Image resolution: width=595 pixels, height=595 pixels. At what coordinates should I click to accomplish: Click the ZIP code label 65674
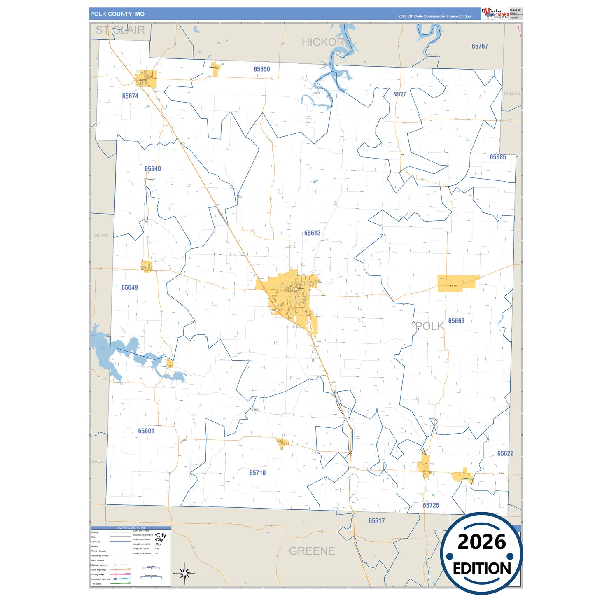click(x=130, y=96)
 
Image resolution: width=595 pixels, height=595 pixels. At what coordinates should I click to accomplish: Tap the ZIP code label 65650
click(x=262, y=69)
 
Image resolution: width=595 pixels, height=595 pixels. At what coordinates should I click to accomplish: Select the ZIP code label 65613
click(x=312, y=233)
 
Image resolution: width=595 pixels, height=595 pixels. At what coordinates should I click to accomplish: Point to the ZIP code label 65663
click(x=456, y=321)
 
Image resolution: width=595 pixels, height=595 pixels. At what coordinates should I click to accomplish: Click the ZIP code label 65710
click(x=257, y=473)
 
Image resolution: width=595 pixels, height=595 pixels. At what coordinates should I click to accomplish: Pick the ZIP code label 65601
click(x=146, y=431)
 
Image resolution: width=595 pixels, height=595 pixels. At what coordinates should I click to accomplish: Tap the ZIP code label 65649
click(x=130, y=287)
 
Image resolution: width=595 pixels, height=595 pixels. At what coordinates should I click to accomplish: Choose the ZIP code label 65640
click(x=153, y=169)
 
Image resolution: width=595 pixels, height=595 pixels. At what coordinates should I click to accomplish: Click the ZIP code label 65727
click(x=399, y=94)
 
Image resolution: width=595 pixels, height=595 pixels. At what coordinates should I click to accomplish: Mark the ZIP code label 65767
click(x=480, y=46)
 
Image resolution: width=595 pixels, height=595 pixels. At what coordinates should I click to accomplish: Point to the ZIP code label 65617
click(x=376, y=521)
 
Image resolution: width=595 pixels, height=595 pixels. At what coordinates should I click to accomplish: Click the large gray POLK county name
click(x=429, y=326)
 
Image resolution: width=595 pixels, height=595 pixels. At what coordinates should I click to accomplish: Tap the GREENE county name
click(x=312, y=551)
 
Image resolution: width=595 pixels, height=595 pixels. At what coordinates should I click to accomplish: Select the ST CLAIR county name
click(x=120, y=30)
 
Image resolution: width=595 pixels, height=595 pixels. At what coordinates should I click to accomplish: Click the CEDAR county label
click(x=101, y=236)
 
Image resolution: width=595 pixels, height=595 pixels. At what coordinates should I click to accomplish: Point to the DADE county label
click(x=98, y=461)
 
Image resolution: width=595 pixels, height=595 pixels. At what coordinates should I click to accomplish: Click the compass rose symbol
click(x=184, y=573)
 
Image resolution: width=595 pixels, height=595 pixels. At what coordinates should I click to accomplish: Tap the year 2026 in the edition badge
click(x=481, y=542)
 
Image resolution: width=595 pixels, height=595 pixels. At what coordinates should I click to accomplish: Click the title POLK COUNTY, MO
click(x=117, y=14)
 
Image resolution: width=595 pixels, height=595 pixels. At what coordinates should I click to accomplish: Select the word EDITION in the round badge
click(x=482, y=569)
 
